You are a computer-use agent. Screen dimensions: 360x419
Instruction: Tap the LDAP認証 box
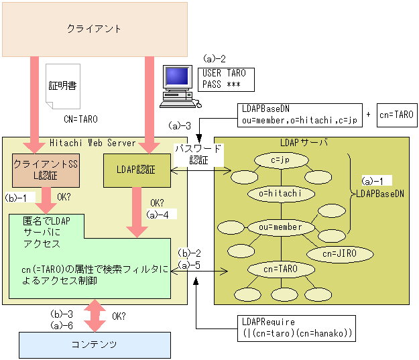tap(136, 170)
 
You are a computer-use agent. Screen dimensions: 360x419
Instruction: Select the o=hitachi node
tap(281, 194)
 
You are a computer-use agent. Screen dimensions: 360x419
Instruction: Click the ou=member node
tap(281, 227)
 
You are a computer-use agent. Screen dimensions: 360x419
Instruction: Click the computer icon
tap(179, 86)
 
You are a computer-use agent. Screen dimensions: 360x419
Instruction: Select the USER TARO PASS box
tap(227, 79)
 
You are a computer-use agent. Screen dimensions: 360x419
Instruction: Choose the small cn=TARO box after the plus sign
tap(396, 115)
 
